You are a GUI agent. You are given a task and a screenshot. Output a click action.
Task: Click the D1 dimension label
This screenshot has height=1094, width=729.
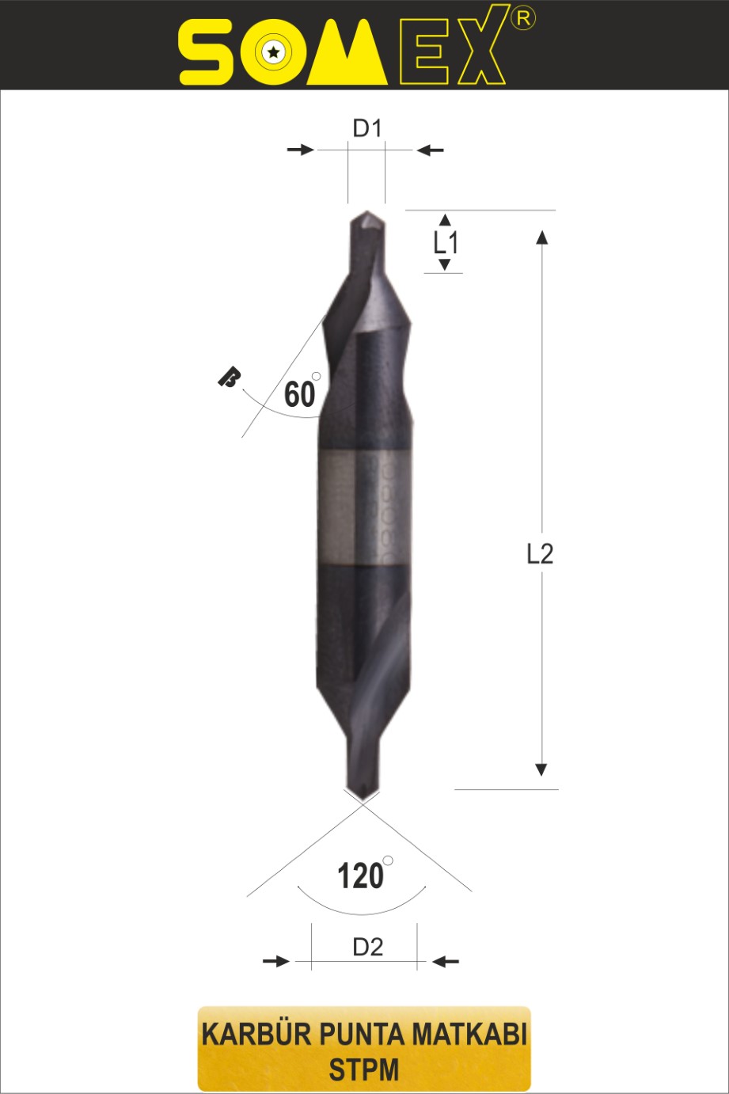[366, 128]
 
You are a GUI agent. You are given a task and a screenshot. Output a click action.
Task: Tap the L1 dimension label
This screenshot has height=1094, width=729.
[446, 243]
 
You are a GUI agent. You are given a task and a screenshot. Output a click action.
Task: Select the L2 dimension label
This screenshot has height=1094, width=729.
[540, 554]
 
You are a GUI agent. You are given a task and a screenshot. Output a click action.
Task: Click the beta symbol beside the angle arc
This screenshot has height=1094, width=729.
[229, 378]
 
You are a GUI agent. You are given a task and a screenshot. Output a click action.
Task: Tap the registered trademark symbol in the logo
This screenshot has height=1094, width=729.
[523, 18]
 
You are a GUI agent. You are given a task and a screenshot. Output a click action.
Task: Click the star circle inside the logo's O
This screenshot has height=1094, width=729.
[273, 51]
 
